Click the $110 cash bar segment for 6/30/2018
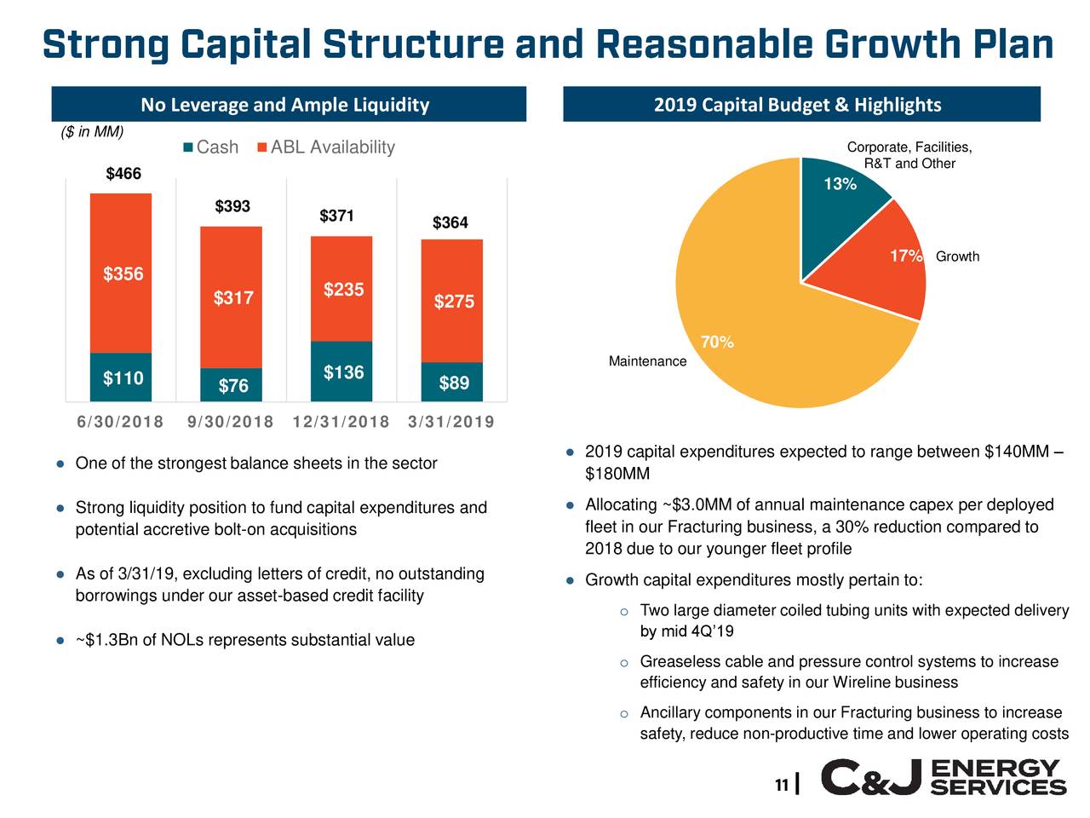pyautogui.click(x=121, y=377)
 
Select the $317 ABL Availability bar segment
pyautogui.click(x=232, y=297)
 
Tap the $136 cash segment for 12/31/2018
pyautogui.click(x=342, y=372)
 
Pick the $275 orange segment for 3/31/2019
pyautogui.click(x=452, y=302)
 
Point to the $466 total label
pyautogui.click(x=123, y=174)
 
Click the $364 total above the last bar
pyautogui.click(x=450, y=222)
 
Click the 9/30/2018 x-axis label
pyautogui.click(x=230, y=422)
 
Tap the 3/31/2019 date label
pyautogui.click(x=451, y=422)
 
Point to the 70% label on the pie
pyautogui.click(x=717, y=343)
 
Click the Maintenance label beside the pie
pyautogui.click(x=647, y=361)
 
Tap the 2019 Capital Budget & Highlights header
pyautogui.click(x=798, y=105)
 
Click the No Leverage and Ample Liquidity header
pyautogui.click(x=285, y=105)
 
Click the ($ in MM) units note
pyautogui.click(x=93, y=131)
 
